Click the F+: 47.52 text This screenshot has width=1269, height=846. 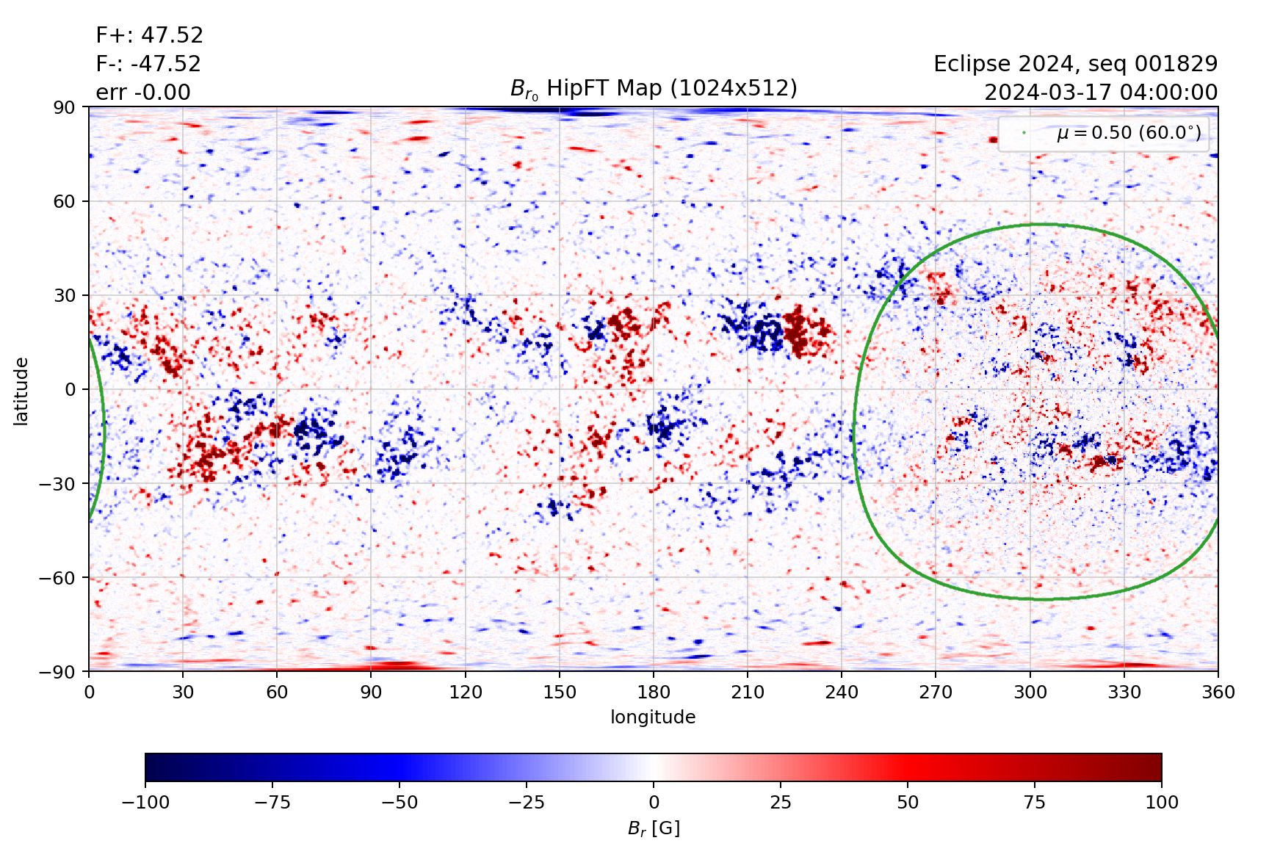149,35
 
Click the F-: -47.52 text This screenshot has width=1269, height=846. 148,64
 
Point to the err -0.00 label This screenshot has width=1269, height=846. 143,93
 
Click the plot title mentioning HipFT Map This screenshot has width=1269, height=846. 654,89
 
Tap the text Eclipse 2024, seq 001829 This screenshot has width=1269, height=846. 1075,64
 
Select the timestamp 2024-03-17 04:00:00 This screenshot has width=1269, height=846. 1100,93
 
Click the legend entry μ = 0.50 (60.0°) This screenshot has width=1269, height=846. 1128,133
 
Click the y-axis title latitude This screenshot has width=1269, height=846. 21,391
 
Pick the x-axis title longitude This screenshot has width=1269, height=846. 653,717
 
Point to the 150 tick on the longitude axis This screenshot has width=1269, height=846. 560,692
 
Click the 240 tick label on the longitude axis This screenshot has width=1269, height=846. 842,692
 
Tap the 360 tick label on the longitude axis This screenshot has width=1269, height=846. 1218,692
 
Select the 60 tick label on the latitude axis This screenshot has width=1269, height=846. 65,201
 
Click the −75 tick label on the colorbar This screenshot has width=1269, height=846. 272,802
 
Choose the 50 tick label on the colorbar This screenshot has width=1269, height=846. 908,802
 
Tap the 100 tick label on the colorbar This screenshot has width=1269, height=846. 1161,802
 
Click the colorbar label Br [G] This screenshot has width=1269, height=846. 654,828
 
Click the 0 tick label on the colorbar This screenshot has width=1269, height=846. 654,802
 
